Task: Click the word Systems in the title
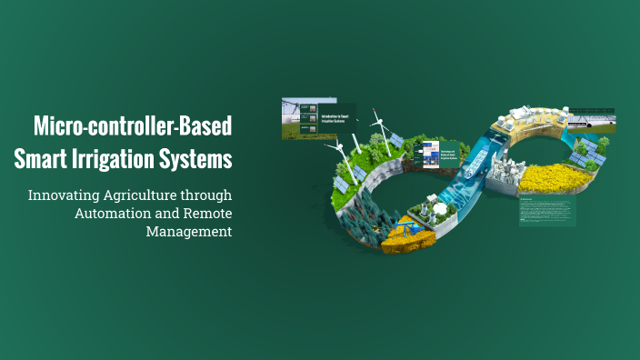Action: pos(198,158)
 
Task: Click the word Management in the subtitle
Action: pos(188,231)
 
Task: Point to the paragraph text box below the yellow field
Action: pos(547,210)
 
